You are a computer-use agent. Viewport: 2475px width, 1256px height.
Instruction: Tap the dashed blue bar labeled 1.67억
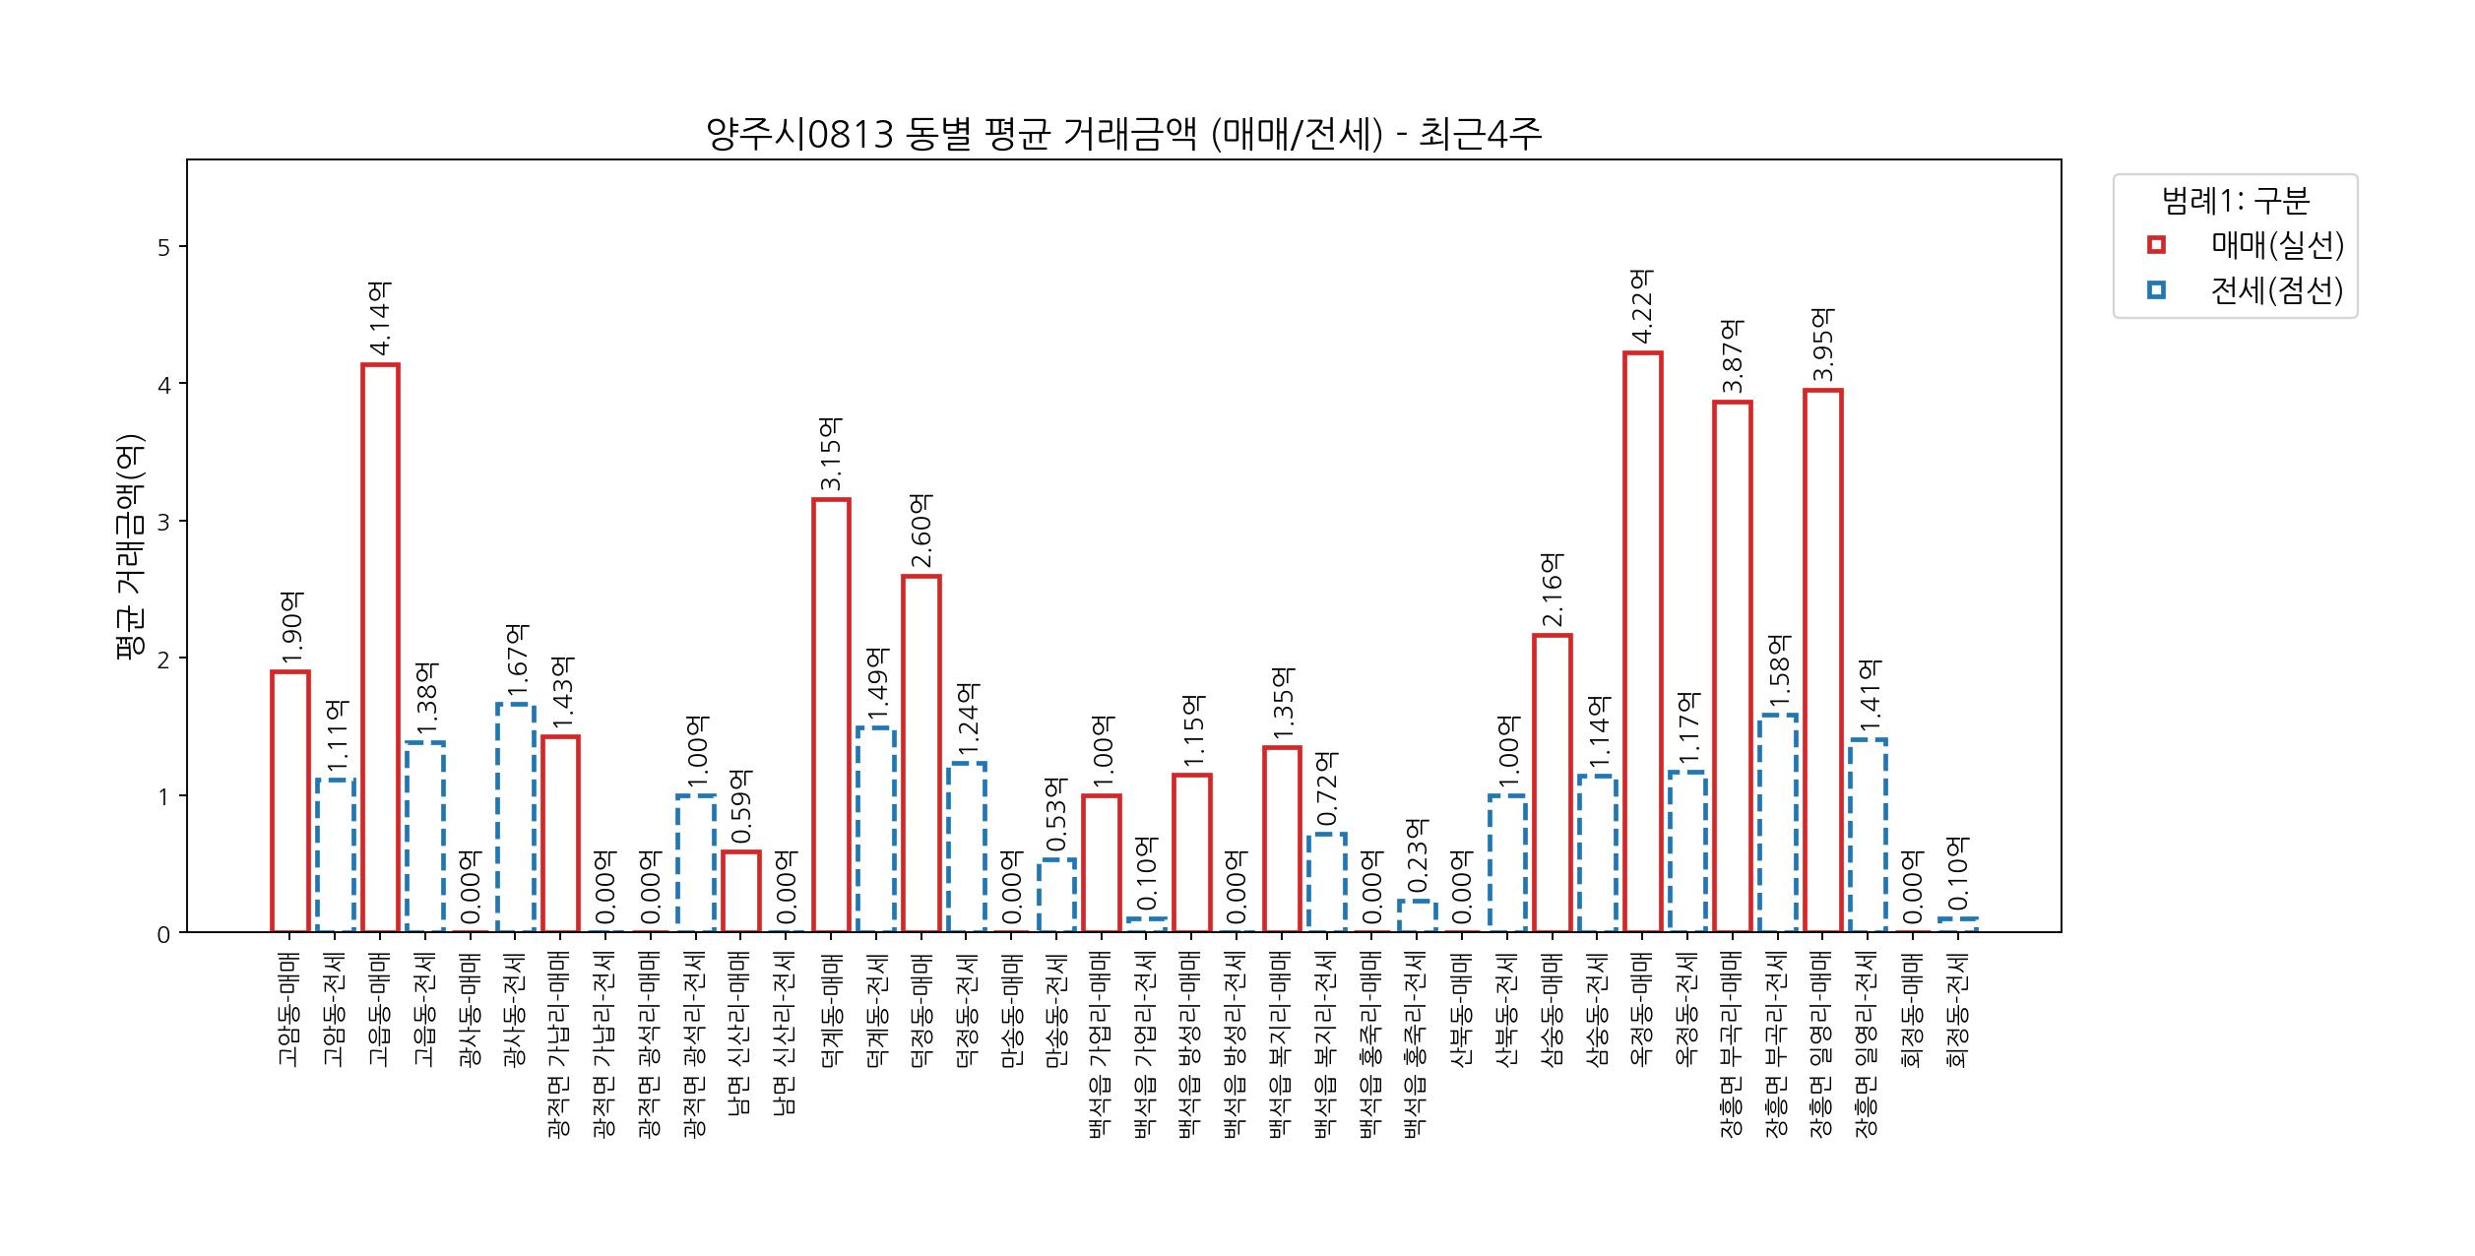click(516, 817)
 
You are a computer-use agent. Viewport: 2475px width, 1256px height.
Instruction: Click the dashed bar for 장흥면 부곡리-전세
click(1778, 823)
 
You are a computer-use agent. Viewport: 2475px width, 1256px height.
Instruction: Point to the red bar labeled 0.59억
click(740, 891)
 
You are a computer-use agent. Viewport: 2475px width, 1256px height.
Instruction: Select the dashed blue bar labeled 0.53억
click(1056, 895)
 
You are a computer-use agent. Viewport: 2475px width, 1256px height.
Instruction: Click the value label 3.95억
click(1823, 345)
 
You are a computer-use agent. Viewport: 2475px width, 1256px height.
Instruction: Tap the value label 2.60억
click(921, 532)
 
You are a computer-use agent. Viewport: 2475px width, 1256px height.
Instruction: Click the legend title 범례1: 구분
click(2235, 201)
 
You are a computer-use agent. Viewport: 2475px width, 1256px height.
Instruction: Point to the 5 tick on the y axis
click(163, 247)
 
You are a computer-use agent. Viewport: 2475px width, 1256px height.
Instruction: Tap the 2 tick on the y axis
click(163, 659)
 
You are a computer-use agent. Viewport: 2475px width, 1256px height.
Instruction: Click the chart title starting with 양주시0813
click(1123, 135)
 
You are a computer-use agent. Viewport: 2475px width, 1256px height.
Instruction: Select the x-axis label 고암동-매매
click(288, 1009)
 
